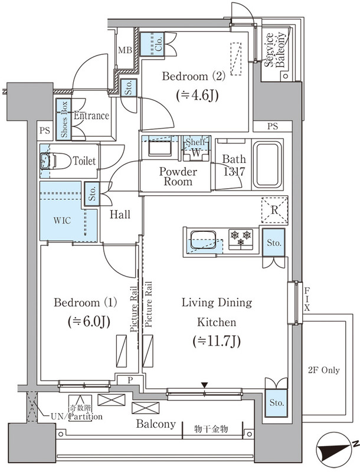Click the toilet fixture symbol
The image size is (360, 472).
pos(47,161)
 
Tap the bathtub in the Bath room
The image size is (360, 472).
pos(267,164)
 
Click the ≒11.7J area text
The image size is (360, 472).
pos(217,341)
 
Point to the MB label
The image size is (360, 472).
pos(125,50)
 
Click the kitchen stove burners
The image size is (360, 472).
pos(240,239)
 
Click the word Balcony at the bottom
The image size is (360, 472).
pos(156,424)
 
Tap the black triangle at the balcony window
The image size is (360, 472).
pos(204,385)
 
